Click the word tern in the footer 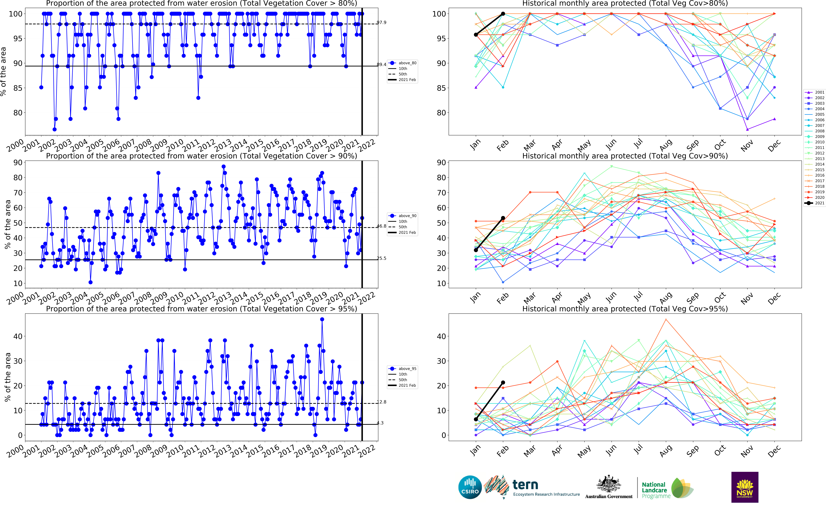(525, 485)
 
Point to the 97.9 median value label (381, 23)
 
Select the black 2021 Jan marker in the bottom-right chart (476, 419)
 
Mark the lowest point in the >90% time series (90, 282)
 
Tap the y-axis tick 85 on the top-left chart (18, 88)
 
